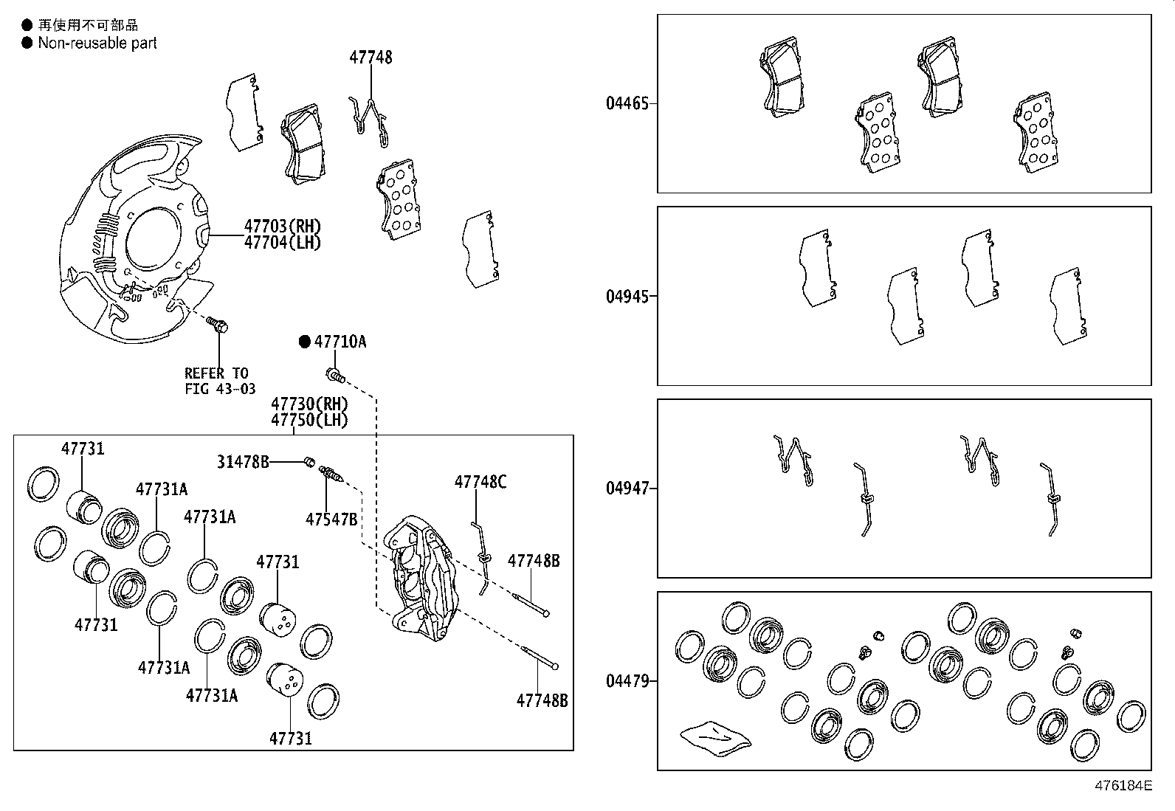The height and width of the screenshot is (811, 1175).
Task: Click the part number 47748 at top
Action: click(x=371, y=58)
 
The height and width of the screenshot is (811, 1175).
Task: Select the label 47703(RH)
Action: click(x=283, y=227)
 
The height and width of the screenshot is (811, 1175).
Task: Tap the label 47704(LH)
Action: click(x=283, y=243)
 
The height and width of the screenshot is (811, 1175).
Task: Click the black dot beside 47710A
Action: click(x=304, y=342)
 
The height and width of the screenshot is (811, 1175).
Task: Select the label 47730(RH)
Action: click(x=309, y=404)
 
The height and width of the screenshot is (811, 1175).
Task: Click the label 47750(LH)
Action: click(x=309, y=420)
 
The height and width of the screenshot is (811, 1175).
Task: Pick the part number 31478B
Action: click(x=243, y=462)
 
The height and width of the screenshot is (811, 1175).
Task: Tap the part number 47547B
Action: click(x=331, y=520)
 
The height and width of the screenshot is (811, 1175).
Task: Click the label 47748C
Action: click(x=480, y=483)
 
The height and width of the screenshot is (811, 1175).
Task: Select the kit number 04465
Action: click(x=627, y=103)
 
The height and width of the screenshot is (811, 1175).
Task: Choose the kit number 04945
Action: click(x=627, y=297)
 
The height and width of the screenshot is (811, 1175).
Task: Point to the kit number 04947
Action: click(x=627, y=489)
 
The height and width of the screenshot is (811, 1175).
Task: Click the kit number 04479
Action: click(x=627, y=681)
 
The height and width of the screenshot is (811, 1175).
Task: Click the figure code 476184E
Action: click(x=1123, y=786)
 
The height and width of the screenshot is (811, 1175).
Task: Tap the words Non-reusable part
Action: click(x=97, y=44)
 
